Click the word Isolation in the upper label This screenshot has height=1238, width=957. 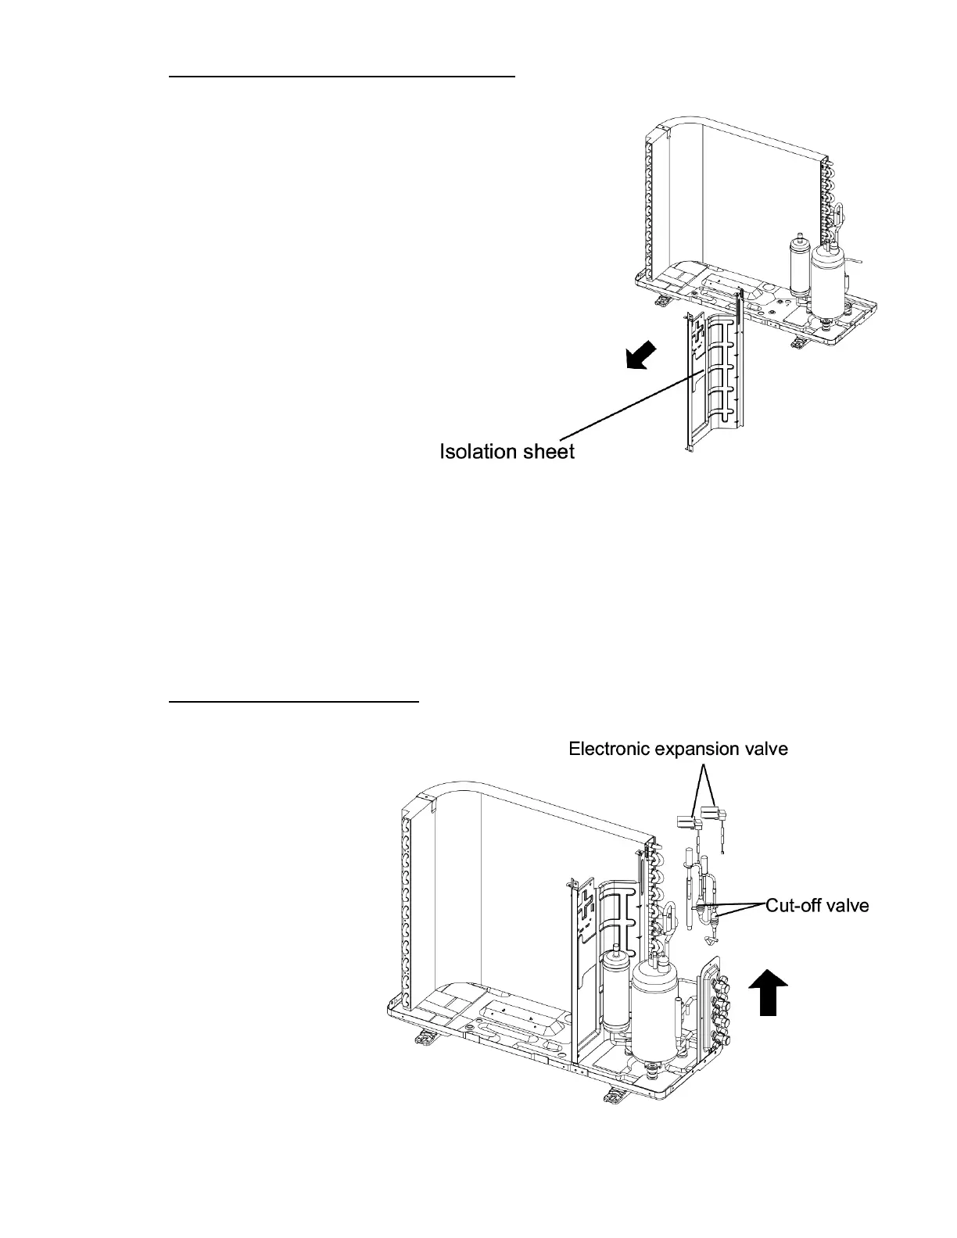(x=478, y=451)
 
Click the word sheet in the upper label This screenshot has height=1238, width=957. (x=547, y=451)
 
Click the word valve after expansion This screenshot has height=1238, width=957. (x=765, y=750)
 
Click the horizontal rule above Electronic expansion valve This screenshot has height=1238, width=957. (x=295, y=702)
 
